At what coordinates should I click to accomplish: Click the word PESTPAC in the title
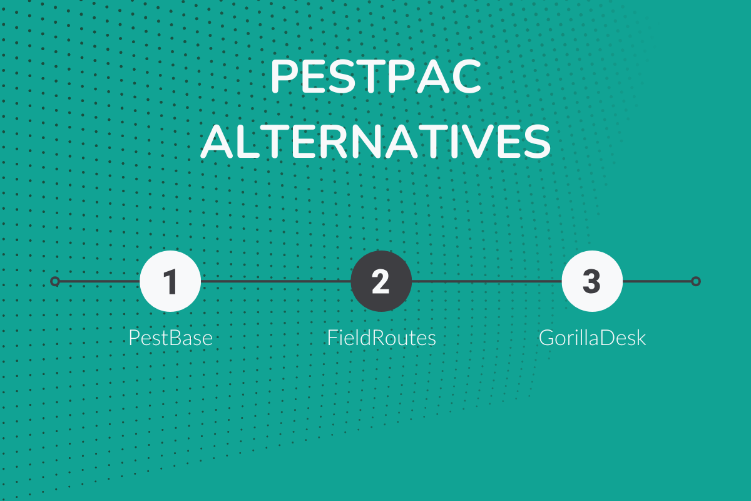pyautogui.click(x=375, y=78)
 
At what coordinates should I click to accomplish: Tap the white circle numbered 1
pyautogui.click(x=170, y=281)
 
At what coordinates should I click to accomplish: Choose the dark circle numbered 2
pyautogui.click(x=381, y=281)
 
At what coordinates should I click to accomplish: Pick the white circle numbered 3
pyautogui.click(x=591, y=281)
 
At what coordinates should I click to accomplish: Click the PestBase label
pyautogui.click(x=170, y=338)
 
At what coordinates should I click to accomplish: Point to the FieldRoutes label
pyautogui.click(x=381, y=338)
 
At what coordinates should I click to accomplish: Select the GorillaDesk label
pyautogui.click(x=592, y=338)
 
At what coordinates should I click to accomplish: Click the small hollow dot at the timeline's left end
pyautogui.click(x=55, y=281)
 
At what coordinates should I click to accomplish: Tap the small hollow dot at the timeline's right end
pyautogui.click(x=695, y=281)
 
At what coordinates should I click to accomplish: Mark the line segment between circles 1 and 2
pyautogui.click(x=275, y=281)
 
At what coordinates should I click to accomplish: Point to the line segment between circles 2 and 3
pyautogui.click(x=486, y=281)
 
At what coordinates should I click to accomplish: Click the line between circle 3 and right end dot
pyautogui.click(x=657, y=281)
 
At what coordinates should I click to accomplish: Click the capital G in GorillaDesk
pyautogui.click(x=546, y=338)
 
